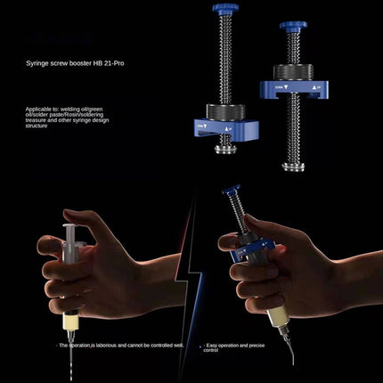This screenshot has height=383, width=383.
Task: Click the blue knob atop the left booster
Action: coord(224,9)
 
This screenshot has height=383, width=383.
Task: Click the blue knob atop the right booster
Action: coord(293,26)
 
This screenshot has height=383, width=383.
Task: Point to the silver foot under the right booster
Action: coord(293,165)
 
